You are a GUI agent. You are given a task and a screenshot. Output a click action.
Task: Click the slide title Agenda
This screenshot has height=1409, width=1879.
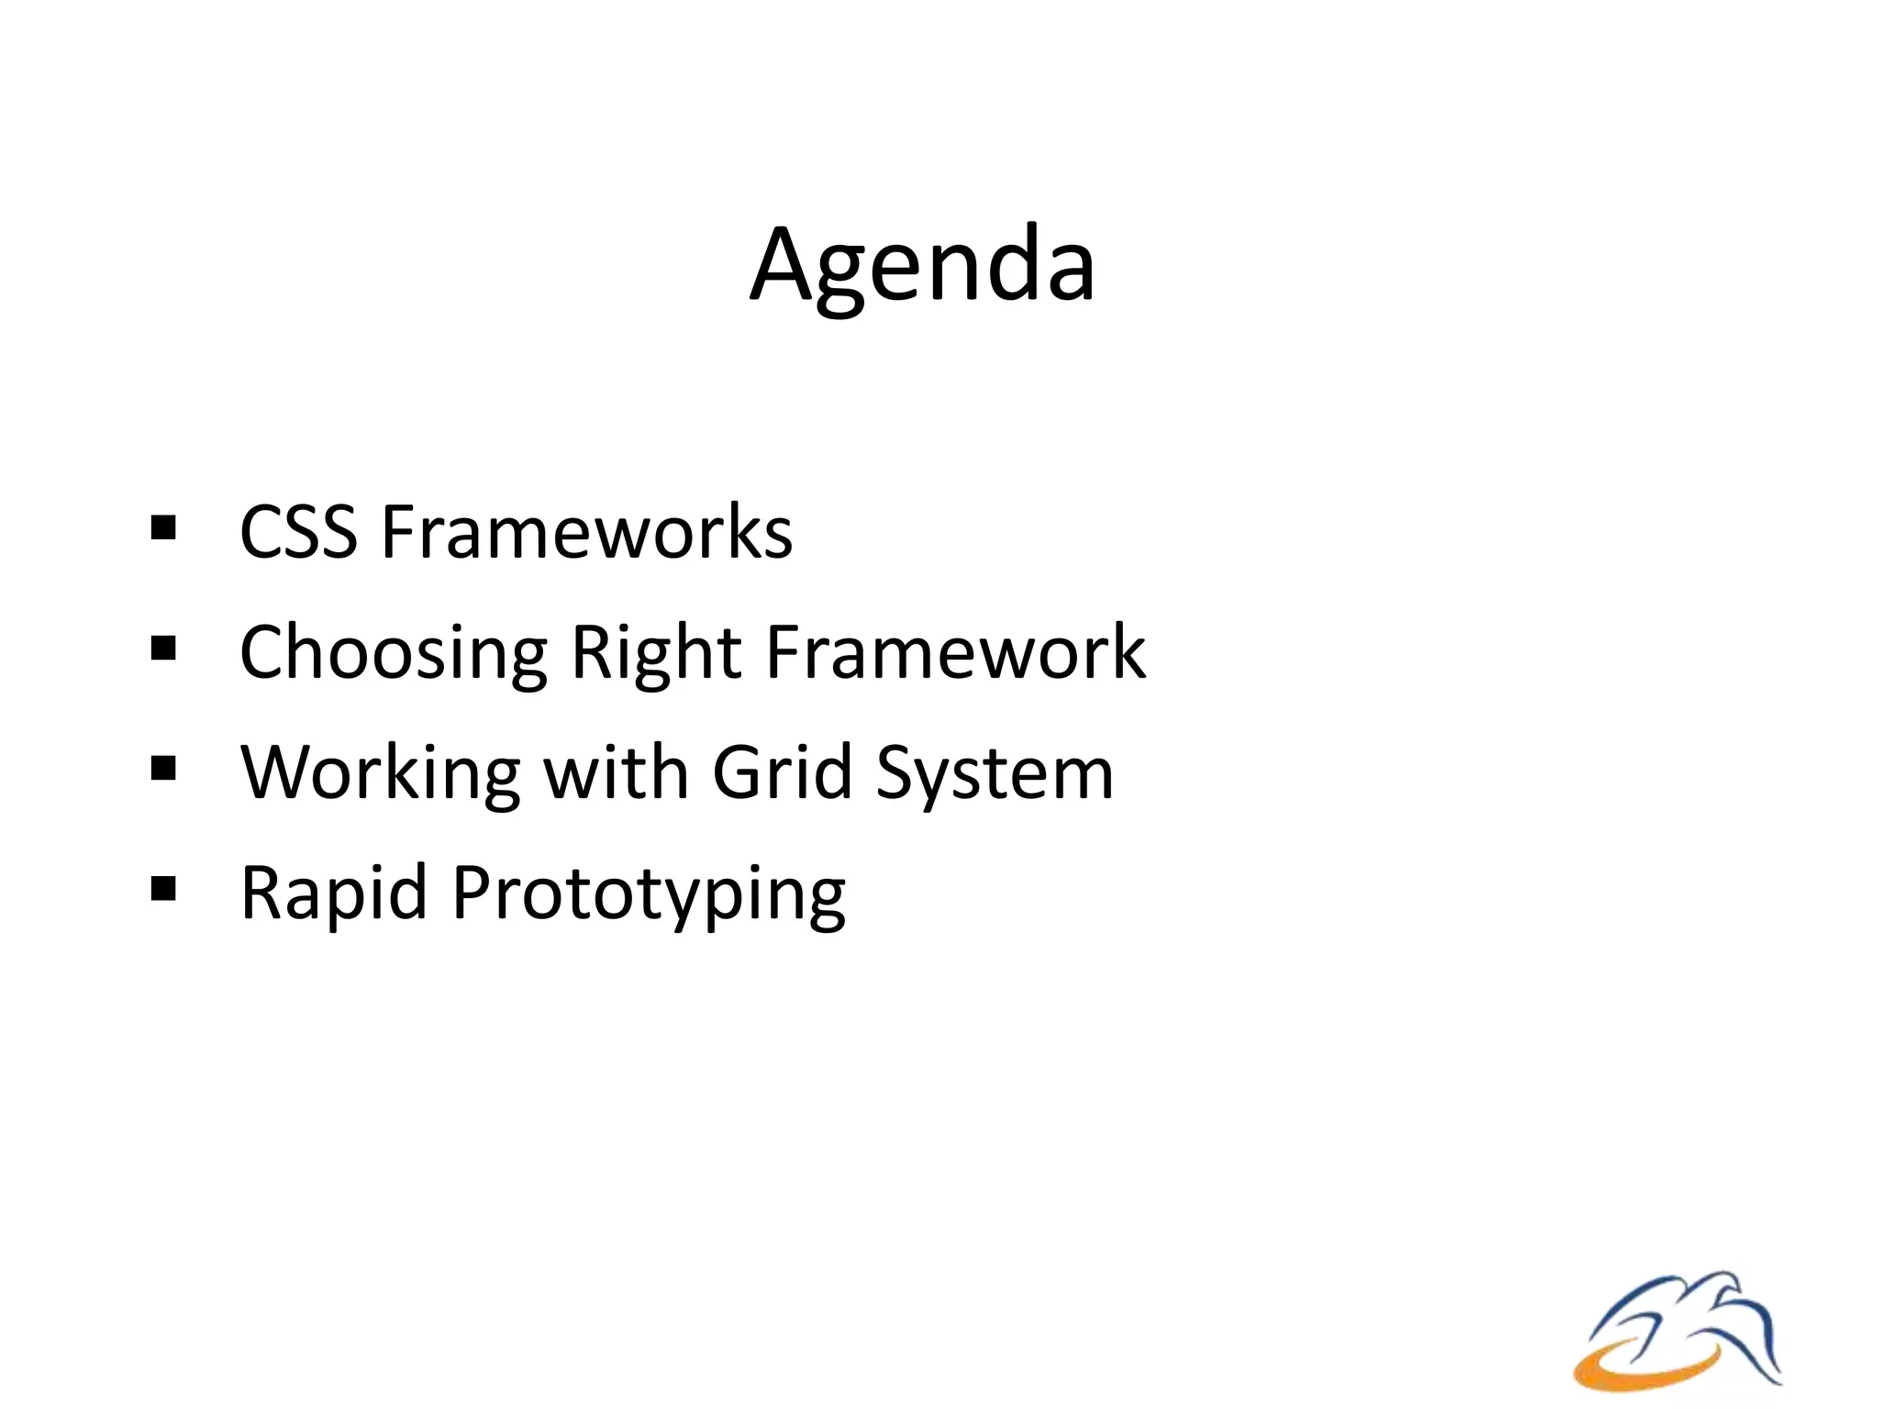922,266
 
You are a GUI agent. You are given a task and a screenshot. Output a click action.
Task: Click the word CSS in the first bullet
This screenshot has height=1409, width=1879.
298,532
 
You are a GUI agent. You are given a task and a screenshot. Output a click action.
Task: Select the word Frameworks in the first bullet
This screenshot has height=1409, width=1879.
587,532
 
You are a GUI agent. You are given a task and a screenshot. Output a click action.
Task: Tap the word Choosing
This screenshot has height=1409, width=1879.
394,653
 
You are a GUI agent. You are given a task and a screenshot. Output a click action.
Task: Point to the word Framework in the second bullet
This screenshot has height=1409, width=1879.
956,651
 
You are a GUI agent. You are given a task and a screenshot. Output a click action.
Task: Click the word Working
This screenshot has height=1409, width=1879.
381,773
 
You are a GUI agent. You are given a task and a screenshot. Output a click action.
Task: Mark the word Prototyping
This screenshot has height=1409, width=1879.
649,894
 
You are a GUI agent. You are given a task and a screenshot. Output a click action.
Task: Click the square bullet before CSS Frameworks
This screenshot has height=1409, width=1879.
163,528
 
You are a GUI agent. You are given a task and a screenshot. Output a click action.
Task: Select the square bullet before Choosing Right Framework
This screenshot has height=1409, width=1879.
163,649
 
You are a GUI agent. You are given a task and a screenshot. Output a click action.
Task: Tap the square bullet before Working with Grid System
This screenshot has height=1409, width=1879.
163,769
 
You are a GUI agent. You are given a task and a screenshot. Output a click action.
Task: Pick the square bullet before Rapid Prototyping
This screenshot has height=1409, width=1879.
163,889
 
